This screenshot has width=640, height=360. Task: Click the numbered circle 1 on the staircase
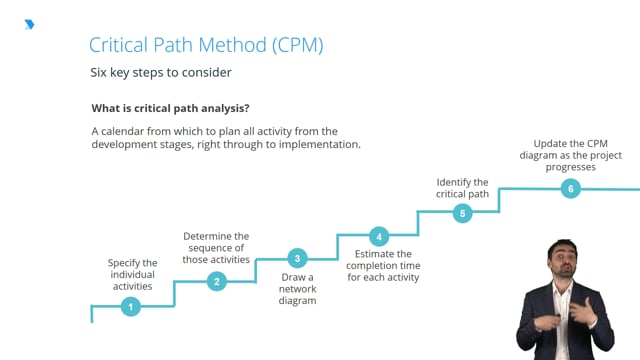click(130, 307)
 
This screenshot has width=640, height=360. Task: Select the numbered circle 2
click(216, 281)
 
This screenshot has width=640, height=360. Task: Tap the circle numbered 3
click(297, 258)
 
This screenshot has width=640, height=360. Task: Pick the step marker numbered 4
click(378, 236)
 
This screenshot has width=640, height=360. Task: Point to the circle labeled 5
click(462, 212)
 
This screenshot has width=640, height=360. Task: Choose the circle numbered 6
click(570, 188)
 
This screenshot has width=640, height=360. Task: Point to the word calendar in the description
click(127, 131)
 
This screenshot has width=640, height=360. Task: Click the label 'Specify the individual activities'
click(132, 274)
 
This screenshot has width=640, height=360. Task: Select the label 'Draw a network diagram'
click(297, 288)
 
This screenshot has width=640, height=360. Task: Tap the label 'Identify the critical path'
click(462, 187)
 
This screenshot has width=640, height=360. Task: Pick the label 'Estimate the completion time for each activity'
click(383, 265)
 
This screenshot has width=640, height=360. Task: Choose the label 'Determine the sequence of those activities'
click(216, 248)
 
